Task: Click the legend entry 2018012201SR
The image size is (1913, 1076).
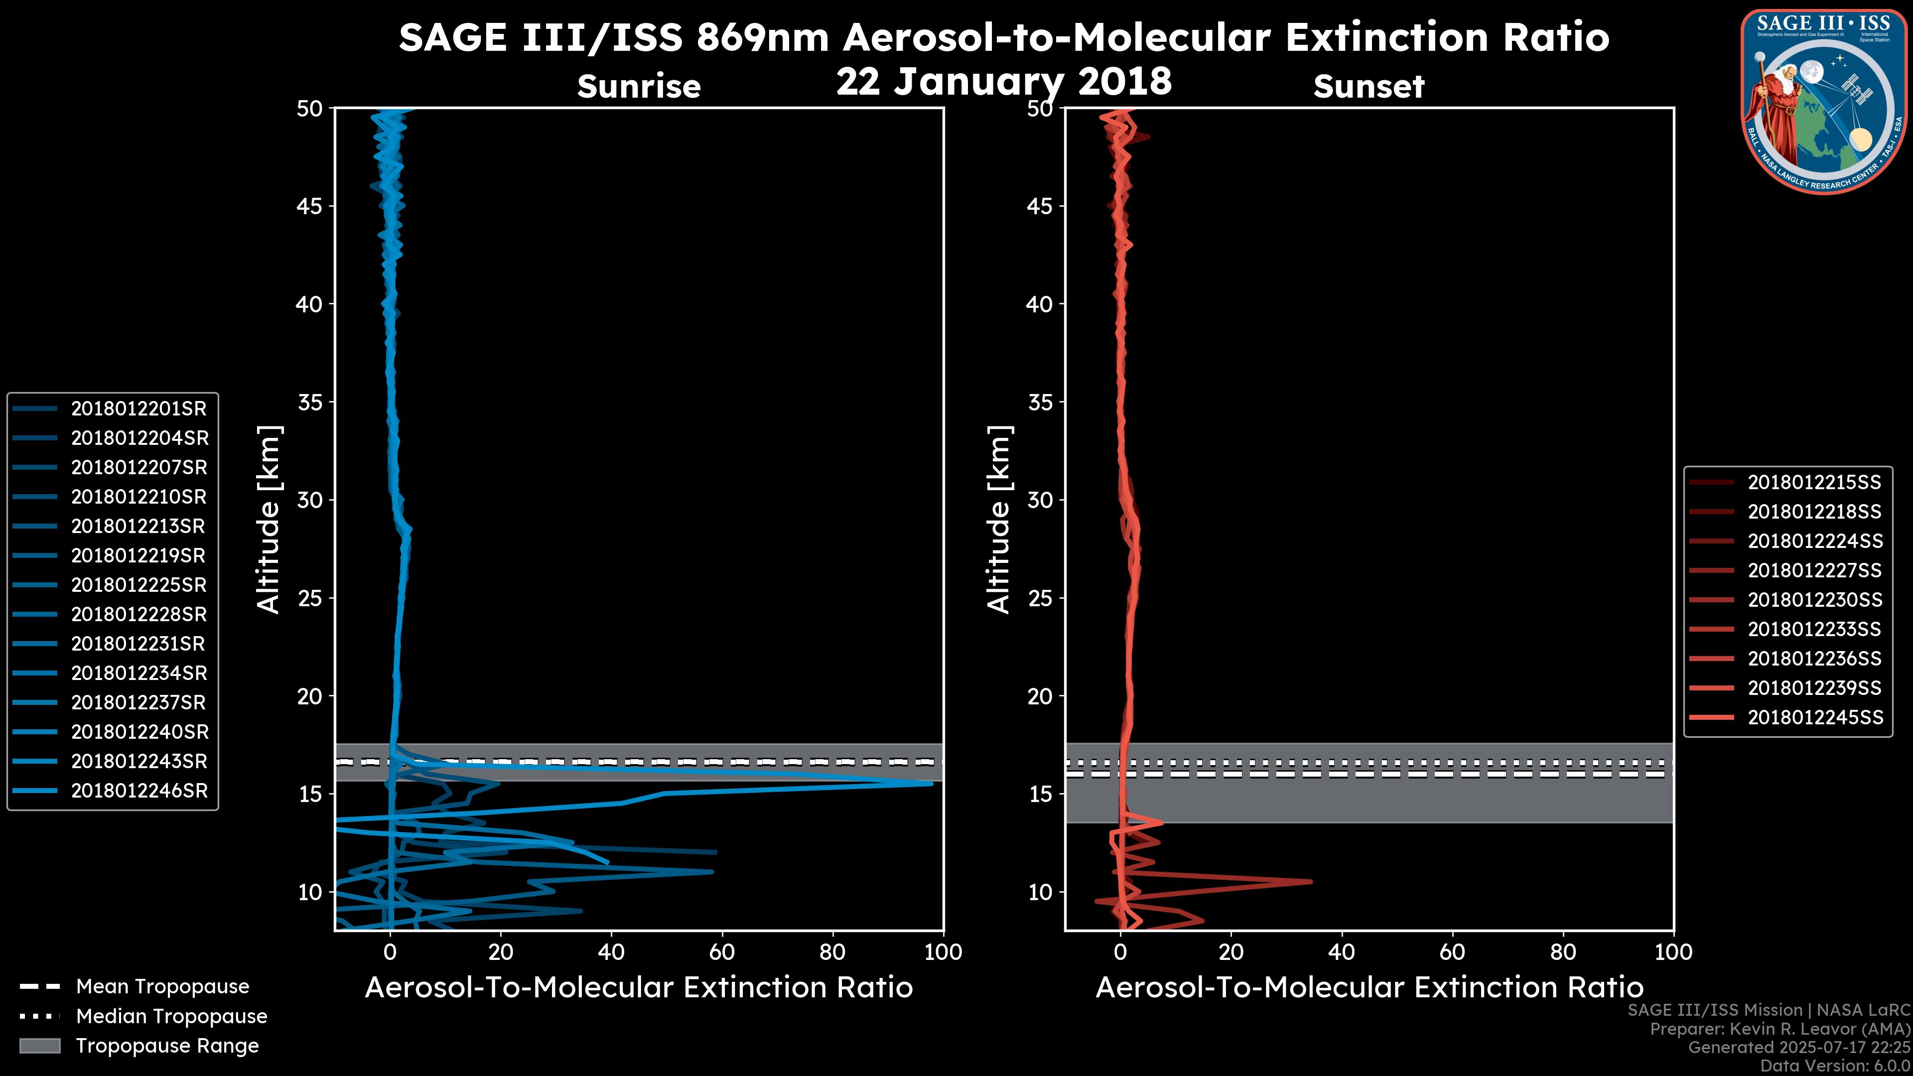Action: [138, 409]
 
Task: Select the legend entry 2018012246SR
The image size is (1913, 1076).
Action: [138, 791]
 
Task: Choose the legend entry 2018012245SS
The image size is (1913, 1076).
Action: [1815, 718]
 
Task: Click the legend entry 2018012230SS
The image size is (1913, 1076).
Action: [1815, 600]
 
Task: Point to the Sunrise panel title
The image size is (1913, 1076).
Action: [639, 87]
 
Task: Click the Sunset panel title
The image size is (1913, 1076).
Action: [1368, 87]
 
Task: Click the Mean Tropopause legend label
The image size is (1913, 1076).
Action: [162, 987]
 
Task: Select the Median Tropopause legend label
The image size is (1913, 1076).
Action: [171, 1017]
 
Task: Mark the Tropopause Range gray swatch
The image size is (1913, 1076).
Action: [40, 1046]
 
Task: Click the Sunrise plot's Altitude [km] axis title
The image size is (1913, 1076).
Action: [268, 519]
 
